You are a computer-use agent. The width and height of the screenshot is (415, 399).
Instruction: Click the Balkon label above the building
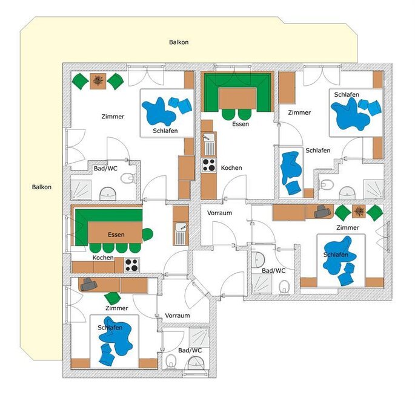coord(179,42)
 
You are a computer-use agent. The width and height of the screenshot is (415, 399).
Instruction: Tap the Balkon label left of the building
coord(42,187)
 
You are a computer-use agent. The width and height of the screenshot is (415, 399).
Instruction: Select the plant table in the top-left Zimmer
coord(98,81)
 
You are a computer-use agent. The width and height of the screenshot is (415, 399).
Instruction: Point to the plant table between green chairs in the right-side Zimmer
coord(359,211)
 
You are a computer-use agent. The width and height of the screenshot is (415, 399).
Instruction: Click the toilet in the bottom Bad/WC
coord(171,361)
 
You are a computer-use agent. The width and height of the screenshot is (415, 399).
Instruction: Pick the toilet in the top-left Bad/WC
coord(127,178)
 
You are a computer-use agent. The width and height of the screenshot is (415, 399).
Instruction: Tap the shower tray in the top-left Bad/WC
coord(81,190)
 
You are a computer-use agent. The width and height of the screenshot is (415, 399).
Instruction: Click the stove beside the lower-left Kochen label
coord(132,265)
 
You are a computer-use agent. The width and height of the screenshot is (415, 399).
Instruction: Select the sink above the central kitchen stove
coord(209,144)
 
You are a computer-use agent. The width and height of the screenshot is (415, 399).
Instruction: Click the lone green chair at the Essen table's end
coord(148,235)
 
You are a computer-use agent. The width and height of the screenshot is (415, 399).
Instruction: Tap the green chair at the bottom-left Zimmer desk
coord(113,298)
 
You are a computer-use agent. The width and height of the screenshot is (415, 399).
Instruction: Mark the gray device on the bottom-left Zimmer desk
coord(88,284)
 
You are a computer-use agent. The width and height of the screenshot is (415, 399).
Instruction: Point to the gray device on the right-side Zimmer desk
coord(322,211)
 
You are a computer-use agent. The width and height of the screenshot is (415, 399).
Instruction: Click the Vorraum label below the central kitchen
coord(219,213)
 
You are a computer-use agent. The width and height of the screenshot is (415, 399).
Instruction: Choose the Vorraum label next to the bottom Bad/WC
coord(178,316)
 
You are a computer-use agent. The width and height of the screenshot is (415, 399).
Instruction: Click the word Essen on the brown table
coord(116,235)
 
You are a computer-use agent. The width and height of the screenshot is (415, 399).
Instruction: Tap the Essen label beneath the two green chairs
coord(241,124)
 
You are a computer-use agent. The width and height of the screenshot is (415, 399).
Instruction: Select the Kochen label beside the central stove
coord(231,167)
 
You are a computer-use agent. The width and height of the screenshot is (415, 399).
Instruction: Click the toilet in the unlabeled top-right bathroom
coord(327,184)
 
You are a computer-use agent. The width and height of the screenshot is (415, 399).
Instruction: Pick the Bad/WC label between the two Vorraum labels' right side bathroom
coord(274,271)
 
